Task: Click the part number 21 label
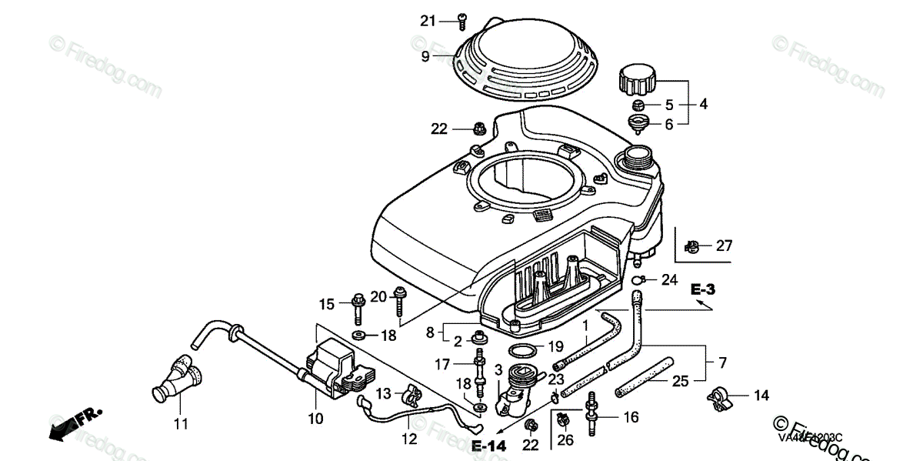428,20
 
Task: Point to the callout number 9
425,55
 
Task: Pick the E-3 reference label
702,290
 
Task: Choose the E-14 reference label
489,446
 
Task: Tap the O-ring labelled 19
524,352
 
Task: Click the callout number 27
724,246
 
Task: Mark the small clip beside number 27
691,247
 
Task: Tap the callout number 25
681,380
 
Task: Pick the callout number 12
409,439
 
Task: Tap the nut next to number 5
638,105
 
